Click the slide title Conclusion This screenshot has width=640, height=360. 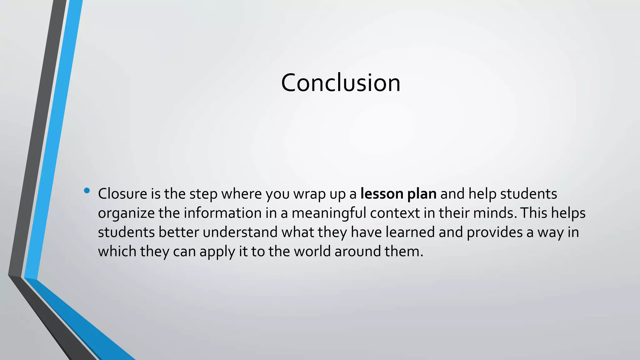[x=340, y=83]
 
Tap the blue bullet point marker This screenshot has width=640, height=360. [x=87, y=190]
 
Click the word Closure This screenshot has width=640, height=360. [x=122, y=194]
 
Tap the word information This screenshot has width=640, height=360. [x=222, y=213]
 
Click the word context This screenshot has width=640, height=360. [x=395, y=213]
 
